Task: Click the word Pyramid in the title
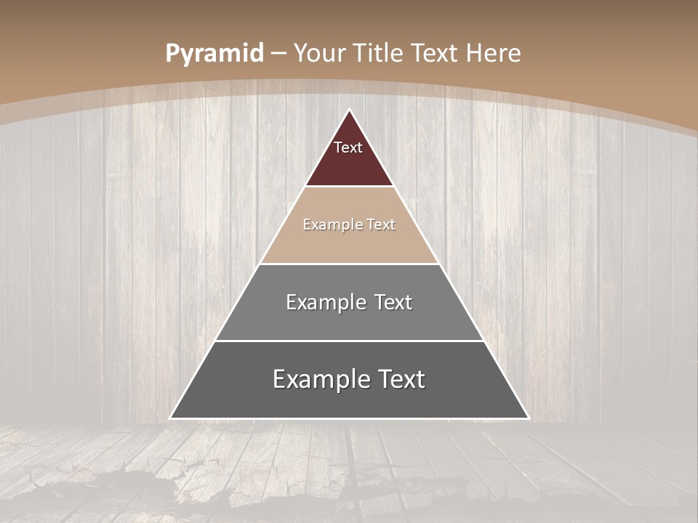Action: pyautogui.click(x=214, y=54)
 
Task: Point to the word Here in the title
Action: pyautogui.click(x=494, y=53)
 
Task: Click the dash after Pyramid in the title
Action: pyautogui.click(x=278, y=54)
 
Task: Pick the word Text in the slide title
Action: pyautogui.click(x=435, y=53)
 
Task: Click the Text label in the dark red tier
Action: pyautogui.click(x=348, y=147)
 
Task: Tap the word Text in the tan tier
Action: pyautogui.click(x=382, y=225)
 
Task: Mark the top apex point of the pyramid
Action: pyautogui.click(x=350, y=110)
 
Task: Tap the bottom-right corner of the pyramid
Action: pyautogui.click(x=528, y=418)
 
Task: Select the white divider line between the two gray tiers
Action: pyautogui.click(x=350, y=341)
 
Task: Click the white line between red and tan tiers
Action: pyautogui.click(x=350, y=187)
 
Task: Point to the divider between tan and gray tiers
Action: pyautogui.click(x=350, y=264)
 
